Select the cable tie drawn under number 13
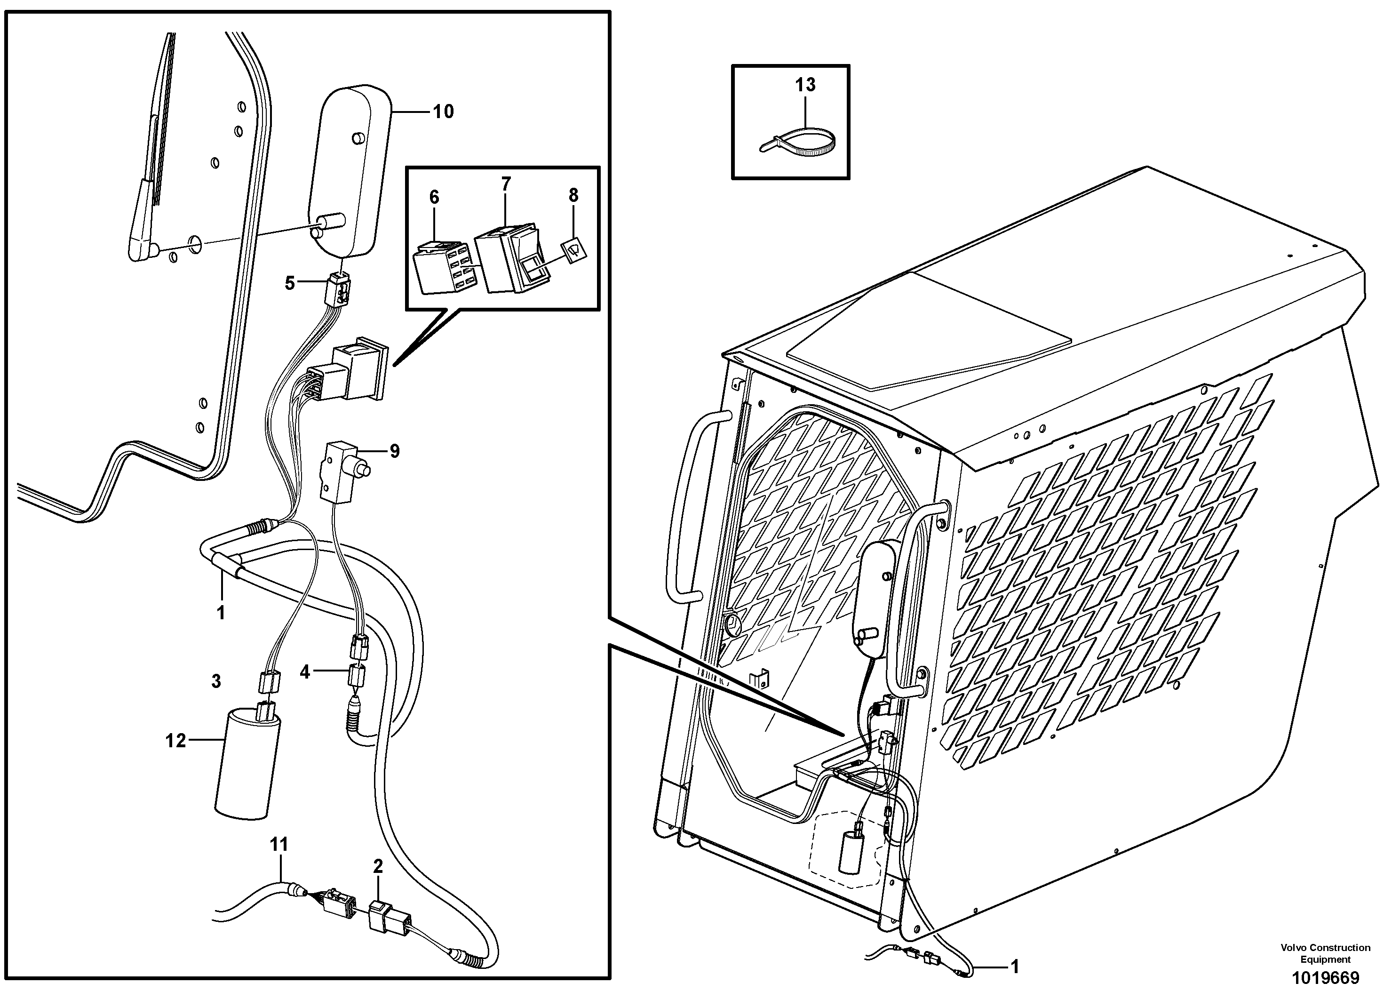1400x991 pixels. coord(798,140)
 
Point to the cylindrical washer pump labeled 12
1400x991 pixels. coord(247,763)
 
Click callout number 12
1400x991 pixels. coord(175,740)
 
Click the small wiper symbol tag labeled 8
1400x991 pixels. coord(574,249)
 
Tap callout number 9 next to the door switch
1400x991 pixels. coord(395,452)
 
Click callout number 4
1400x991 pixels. coord(305,672)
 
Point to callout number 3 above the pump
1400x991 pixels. coord(216,681)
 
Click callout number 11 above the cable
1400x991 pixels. coord(279,845)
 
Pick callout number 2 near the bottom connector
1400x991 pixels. coord(378,866)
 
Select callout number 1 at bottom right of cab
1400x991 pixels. coord(1014,966)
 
